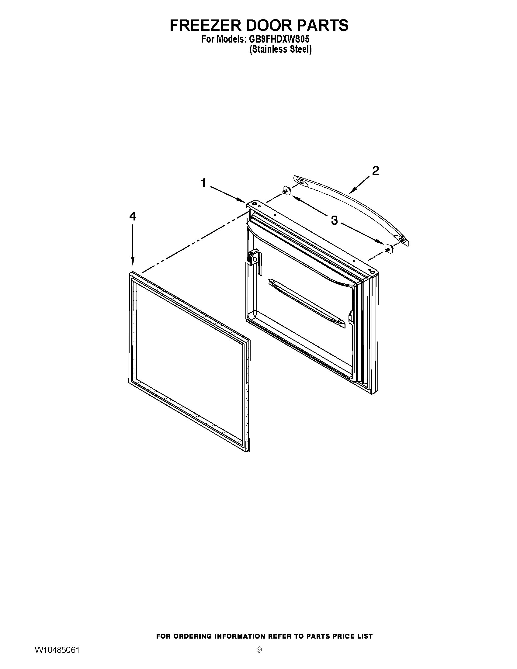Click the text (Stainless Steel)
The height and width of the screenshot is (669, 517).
[281, 49]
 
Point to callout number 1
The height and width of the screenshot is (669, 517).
[203, 183]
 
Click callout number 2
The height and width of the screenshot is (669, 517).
[375, 171]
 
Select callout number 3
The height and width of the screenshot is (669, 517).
[334, 220]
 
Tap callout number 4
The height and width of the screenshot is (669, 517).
[132, 216]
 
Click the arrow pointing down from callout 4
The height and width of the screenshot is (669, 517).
[133, 245]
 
